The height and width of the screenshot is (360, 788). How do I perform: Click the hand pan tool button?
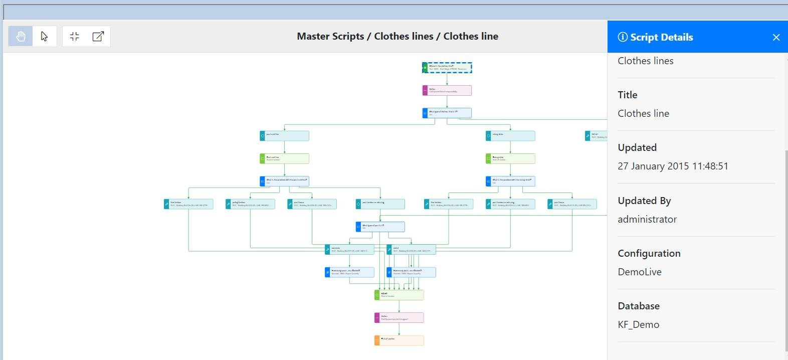pos(21,36)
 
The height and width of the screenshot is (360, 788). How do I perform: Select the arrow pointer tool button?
pos(44,36)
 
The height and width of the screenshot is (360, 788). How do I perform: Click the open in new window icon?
pos(98,36)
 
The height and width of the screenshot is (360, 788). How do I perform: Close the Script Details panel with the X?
pos(776,37)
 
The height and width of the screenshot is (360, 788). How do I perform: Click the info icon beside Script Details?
pos(623,37)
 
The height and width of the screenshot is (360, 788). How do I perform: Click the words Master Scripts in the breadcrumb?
pos(330,36)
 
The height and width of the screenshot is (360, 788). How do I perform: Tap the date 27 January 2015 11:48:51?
pos(673,166)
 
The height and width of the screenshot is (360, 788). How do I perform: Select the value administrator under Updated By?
pos(647,219)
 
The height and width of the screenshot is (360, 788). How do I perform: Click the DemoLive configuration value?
pos(639,272)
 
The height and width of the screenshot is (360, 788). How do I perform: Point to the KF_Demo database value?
pos(638,324)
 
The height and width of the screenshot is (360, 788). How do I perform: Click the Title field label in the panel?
pos(627,95)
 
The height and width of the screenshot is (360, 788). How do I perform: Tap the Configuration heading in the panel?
pos(649,253)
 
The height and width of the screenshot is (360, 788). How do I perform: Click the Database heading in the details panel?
pos(638,306)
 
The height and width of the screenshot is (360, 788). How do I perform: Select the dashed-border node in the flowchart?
pos(447,68)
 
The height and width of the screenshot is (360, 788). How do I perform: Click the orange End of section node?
pos(399,340)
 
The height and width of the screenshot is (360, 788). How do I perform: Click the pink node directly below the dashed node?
pos(447,90)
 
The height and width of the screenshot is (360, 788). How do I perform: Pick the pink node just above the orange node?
pos(399,317)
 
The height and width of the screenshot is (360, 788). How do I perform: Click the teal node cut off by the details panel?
pos(596,135)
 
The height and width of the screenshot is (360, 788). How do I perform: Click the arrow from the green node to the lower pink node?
pos(399,306)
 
